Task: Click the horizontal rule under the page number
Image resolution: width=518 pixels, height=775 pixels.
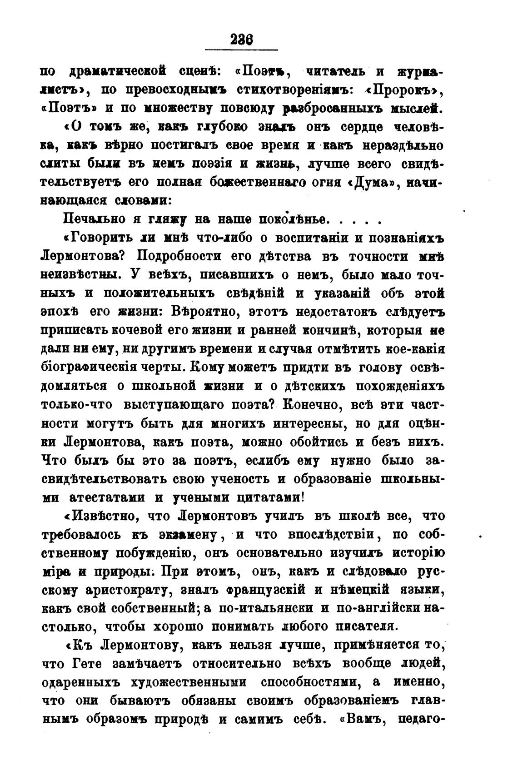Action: pyautogui.click(x=241, y=50)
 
